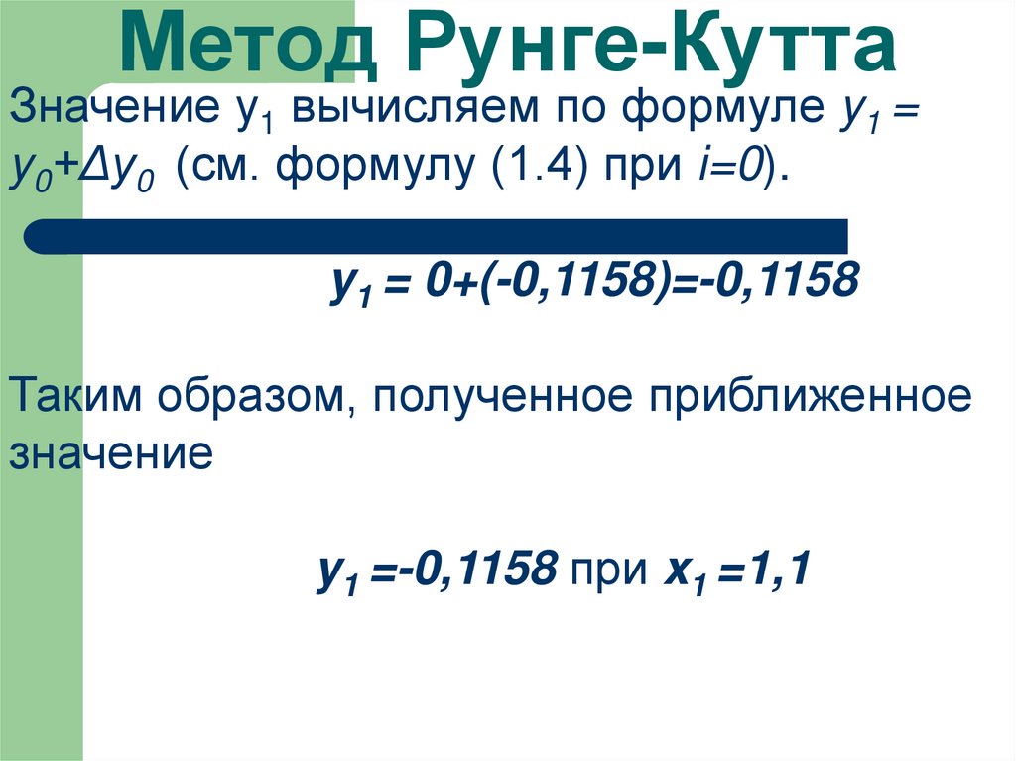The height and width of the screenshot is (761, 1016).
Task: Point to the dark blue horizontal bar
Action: pos(437,237)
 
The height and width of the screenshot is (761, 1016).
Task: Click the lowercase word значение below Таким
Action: pos(110,453)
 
